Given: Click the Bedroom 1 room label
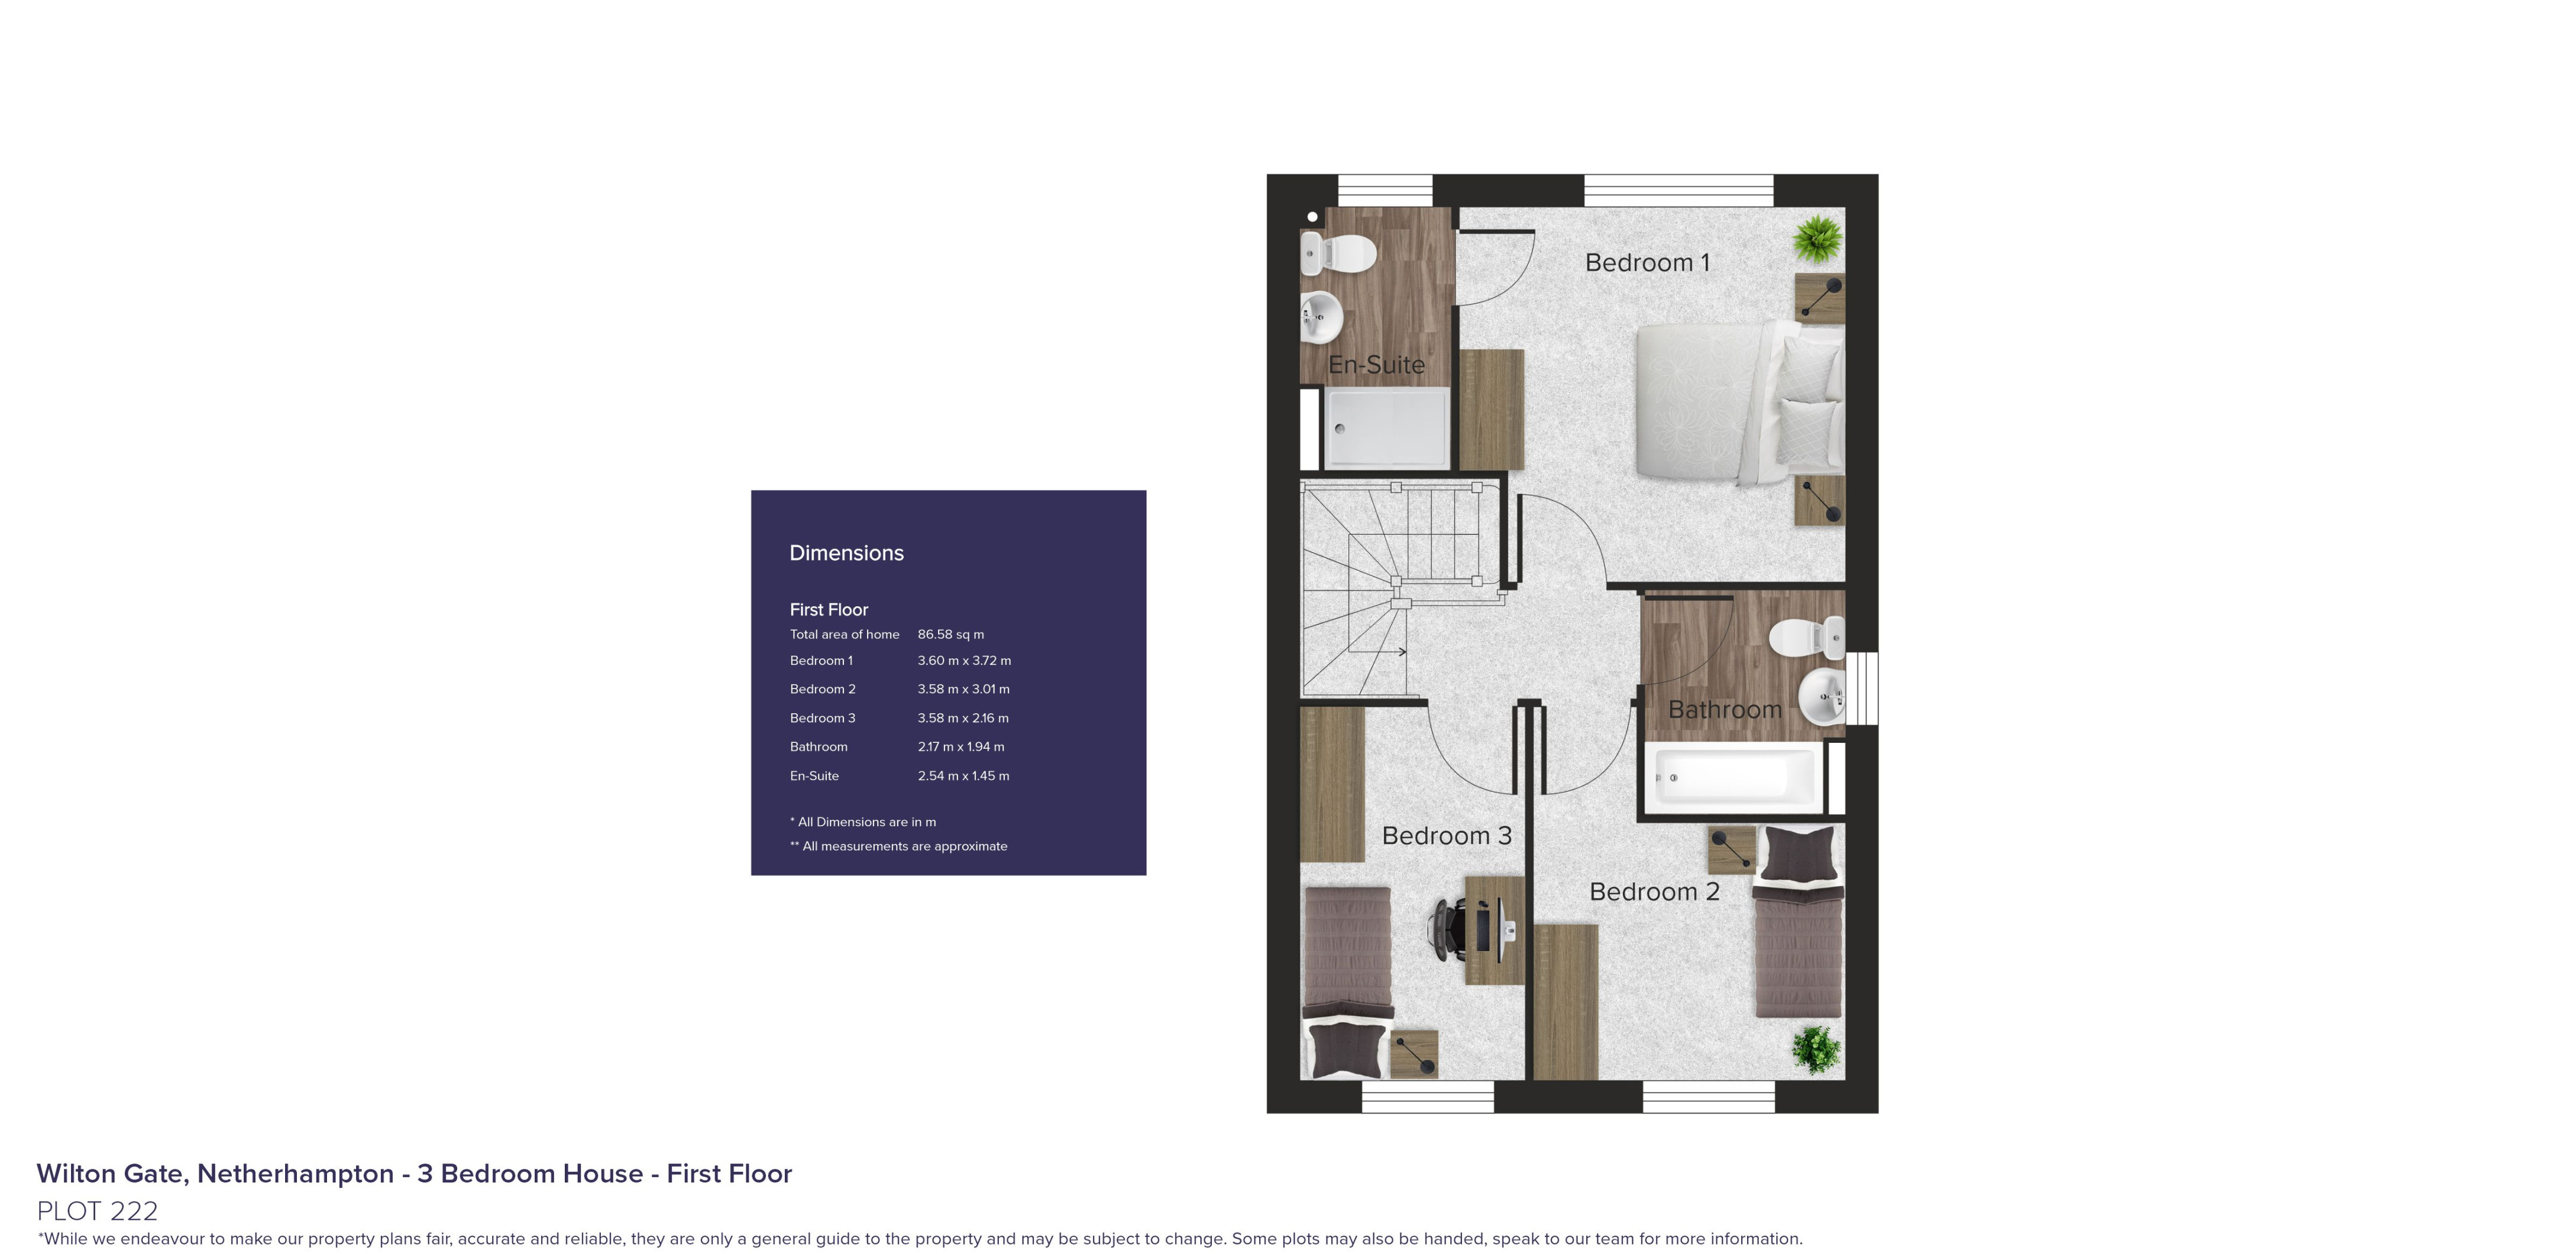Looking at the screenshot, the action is pyautogui.click(x=1647, y=263).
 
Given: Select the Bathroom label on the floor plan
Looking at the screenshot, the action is pyautogui.click(x=1725, y=710).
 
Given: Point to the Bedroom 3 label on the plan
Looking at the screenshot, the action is pyautogui.click(x=1446, y=836).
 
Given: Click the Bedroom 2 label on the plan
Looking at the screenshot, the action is pyautogui.click(x=1654, y=891).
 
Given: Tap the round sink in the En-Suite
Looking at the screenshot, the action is pyautogui.click(x=1321, y=317).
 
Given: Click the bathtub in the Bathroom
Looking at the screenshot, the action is pyautogui.click(x=1733, y=778).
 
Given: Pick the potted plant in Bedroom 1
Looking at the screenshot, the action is pyautogui.click(x=1819, y=239).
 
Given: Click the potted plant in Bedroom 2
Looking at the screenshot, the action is pyautogui.click(x=1816, y=1050).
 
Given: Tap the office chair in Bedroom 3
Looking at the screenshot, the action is pyautogui.click(x=1446, y=929).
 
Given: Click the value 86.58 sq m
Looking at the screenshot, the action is pyautogui.click(x=950, y=635).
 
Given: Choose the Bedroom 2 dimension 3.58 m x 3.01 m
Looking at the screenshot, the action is pyautogui.click(x=963, y=689).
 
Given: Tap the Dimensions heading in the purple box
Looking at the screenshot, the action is pyautogui.click(x=846, y=553).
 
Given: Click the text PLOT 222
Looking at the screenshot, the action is pyautogui.click(x=97, y=1210).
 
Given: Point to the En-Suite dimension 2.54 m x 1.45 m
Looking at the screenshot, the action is pyautogui.click(x=963, y=776).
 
